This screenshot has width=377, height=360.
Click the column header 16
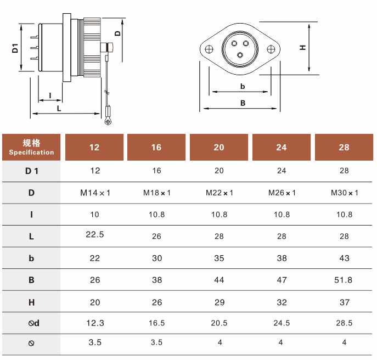point(156,147)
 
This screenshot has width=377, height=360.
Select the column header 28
point(344,147)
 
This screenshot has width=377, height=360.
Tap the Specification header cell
point(31,147)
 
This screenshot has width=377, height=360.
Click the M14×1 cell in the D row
point(95,193)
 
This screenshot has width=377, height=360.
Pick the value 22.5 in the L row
point(95,234)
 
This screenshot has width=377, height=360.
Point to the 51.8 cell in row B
point(343,280)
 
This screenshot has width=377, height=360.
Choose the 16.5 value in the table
point(156,323)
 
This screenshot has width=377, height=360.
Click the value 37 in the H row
point(344,302)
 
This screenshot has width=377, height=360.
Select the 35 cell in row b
point(219,258)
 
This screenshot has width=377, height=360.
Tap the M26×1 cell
point(282,193)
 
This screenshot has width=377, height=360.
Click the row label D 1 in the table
point(31,171)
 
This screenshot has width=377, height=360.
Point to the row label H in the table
point(31,302)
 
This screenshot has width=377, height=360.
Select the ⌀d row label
point(33,323)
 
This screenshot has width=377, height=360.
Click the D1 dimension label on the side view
point(15,48)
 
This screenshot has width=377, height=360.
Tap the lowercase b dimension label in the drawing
point(243,86)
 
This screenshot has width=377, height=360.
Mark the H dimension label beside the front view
point(303,48)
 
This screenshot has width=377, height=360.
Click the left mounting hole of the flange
point(209,49)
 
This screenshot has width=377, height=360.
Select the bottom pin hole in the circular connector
point(240,55)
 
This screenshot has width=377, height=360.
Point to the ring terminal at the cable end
point(108,121)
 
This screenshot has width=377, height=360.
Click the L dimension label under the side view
point(59,109)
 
